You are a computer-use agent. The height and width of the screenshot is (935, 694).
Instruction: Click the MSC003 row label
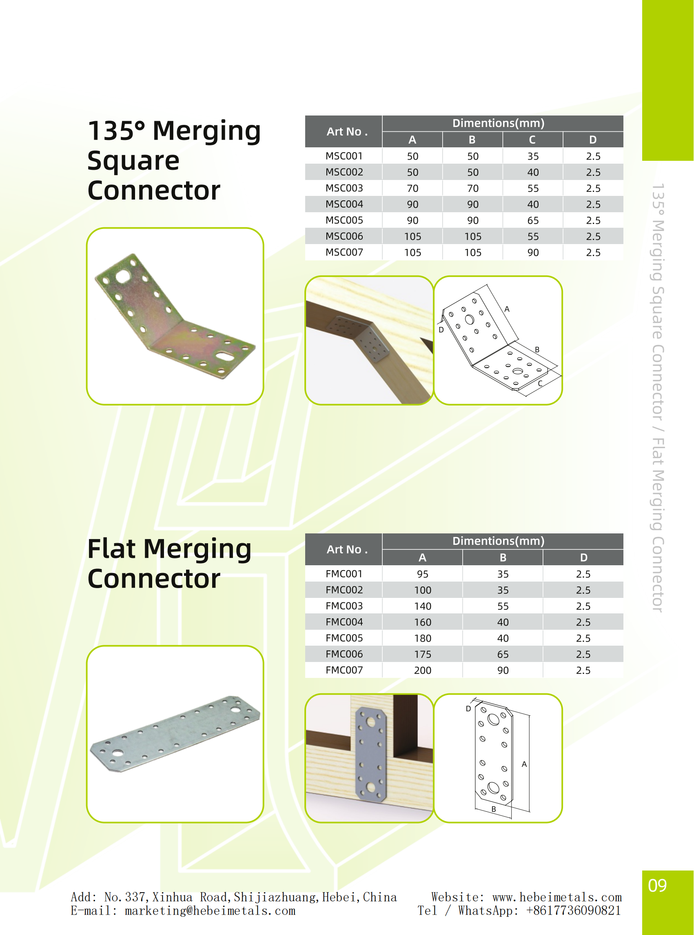(344, 188)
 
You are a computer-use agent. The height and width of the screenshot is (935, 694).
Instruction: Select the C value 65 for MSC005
(533, 220)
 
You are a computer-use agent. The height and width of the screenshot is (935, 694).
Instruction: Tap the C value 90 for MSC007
(533, 252)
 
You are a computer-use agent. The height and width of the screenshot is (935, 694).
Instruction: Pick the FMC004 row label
(344, 622)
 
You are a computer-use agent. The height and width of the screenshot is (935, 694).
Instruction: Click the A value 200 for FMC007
(422, 670)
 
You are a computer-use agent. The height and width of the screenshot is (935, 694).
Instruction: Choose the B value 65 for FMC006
(503, 654)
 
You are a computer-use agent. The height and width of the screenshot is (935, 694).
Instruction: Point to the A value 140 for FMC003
(422, 606)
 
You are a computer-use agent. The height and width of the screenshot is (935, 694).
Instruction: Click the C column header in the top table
(532, 140)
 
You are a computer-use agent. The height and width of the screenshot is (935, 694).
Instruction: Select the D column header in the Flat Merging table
(583, 557)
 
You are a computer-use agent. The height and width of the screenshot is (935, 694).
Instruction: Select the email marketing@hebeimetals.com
(210, 911)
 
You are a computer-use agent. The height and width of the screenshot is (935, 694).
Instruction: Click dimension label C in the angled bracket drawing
(540, 383)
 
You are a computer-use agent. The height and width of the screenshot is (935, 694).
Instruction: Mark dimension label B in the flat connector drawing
(494, 809)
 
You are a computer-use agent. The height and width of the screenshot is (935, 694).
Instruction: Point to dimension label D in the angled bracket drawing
(441, 330)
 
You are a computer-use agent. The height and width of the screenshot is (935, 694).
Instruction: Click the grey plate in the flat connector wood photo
(370, 754)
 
